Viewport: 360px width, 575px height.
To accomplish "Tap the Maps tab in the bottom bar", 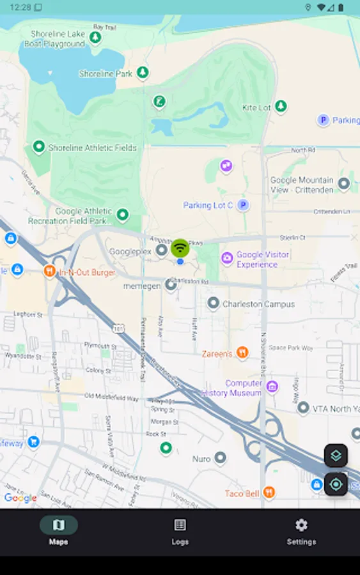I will click(58, 530).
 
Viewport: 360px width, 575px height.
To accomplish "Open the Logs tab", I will click(180, 530).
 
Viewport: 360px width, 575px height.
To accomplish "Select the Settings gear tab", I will click(301, 530).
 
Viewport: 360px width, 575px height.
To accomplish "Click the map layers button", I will click(336, 456).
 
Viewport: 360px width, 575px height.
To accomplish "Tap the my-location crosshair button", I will click(336, 484).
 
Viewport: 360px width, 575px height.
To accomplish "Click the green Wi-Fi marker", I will click(180, 248).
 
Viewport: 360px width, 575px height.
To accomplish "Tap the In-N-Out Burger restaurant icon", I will click(50, 272).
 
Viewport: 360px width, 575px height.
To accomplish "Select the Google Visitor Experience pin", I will click(227, 258).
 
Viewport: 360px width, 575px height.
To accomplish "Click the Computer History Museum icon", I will click(272, 387).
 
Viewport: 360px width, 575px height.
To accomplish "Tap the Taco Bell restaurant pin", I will click(269, 492).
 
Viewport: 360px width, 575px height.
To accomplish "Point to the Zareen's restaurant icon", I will click(242, 352).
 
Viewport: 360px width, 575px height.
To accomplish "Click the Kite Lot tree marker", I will click(280, 107).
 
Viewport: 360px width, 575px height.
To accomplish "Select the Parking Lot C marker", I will click(242, 205).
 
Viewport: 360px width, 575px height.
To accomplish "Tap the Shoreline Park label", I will click(106, 73).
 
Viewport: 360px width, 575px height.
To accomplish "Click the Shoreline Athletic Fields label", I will click(92, 148).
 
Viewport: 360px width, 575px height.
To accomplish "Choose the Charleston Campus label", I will click(258, 304).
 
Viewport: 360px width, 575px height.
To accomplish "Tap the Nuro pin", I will click(220, 458).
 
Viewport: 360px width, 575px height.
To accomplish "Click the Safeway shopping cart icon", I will click(33, 441).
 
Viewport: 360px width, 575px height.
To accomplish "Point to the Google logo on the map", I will click(20, 498).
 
